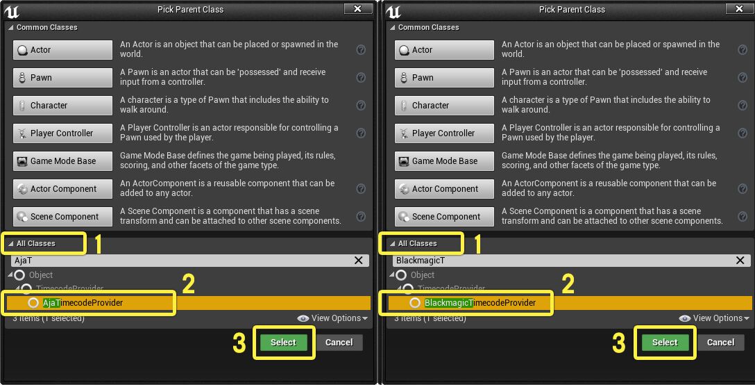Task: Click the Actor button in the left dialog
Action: point(62,50)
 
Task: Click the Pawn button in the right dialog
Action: point(444,78)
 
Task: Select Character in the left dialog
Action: point(62,106)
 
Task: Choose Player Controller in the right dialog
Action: point(444,133)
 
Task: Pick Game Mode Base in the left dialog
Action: point(62,161)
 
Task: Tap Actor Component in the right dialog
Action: point(444,189)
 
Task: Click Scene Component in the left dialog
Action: point(62,217)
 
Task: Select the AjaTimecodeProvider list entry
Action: point(83,303)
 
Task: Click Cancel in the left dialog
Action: point(339,343)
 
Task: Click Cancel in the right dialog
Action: point(721,343)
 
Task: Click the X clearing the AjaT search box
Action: point(359,261)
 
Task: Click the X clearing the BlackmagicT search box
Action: point(740,261)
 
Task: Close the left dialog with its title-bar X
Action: point(357,9)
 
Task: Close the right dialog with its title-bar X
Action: point(739,9)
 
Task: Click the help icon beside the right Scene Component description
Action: point(743,217)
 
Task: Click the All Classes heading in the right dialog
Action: point(418,244)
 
